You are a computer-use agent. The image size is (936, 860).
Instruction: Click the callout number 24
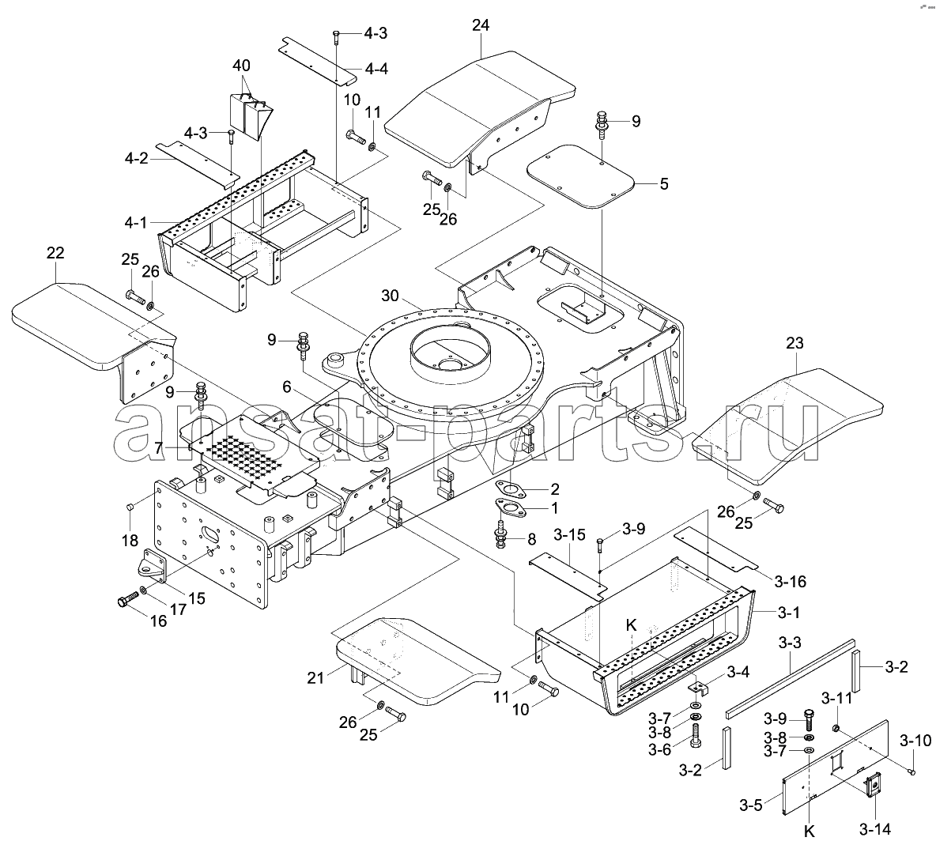pos(481,25)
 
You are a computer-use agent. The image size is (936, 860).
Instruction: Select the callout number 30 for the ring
pos(390,296)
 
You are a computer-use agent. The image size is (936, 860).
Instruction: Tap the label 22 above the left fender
pos(55,253)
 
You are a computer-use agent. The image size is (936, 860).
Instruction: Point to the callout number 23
pos(794,343)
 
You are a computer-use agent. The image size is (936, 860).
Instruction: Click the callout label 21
pos(315,678)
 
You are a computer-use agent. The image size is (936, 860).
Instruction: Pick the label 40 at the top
pos(241,66)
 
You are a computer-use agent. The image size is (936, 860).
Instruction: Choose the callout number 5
pos(664,184)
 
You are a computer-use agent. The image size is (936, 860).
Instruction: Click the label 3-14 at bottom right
pos(875,829)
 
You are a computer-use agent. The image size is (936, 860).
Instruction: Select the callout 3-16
pos(790,581)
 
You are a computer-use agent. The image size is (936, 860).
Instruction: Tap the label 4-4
pos(376,70)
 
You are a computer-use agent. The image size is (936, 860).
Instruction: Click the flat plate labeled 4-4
pos(319,62)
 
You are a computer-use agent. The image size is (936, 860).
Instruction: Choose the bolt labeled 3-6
pos(696,736)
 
